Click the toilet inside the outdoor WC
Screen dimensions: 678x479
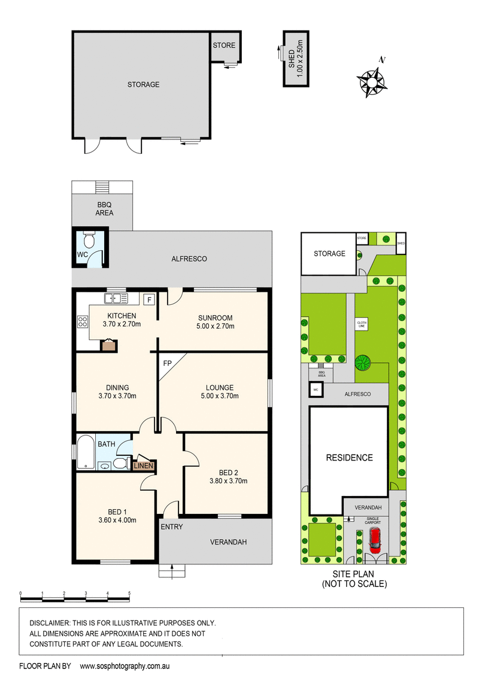click(x=89, y=241)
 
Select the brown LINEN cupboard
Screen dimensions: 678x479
click(x=144, y=465)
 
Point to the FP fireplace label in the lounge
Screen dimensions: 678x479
click(x=167, y=363)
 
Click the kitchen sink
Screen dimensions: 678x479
click(x=116, y=298)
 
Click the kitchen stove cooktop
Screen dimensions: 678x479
click(x=82, y=322)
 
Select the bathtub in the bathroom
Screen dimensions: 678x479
click(x=85, y=453)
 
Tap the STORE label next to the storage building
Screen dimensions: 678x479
click(x=224, y=46)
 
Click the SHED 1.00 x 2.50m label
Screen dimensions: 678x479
click(x=296, y=58)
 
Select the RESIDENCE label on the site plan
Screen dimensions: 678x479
click(x=349, y=458)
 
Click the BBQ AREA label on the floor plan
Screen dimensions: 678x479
click(x=105, y=208)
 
